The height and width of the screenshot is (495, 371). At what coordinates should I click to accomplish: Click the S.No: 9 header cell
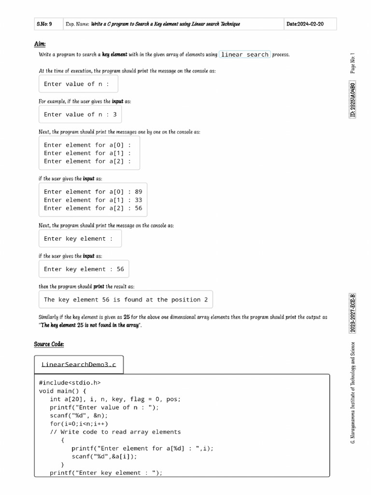44,24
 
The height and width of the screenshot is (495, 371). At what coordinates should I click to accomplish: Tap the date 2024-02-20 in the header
305,24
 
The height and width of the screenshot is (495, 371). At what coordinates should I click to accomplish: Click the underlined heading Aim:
40,44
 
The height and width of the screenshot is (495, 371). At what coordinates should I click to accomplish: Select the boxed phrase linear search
244,55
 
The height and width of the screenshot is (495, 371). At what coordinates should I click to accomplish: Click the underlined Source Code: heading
49,344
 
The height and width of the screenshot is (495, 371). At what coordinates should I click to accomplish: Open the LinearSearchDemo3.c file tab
79,364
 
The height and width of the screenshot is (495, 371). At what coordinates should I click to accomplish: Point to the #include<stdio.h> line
70,383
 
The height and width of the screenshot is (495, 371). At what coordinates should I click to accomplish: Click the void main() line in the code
62,391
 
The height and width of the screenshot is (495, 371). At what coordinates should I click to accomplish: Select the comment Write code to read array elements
115,432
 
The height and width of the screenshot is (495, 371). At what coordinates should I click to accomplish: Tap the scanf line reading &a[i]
104,456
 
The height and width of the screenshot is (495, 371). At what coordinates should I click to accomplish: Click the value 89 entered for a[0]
139,192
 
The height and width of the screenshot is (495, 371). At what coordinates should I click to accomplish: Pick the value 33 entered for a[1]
139,200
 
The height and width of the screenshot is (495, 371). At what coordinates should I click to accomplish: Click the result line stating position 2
126,300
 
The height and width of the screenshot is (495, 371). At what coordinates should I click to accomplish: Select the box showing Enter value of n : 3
80,115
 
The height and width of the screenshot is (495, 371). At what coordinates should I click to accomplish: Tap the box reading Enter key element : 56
84,269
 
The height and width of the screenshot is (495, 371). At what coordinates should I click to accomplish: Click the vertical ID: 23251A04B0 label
353,100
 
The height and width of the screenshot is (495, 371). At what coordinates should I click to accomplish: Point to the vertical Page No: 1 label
353,63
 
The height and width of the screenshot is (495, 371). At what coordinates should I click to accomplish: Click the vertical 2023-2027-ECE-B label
353,313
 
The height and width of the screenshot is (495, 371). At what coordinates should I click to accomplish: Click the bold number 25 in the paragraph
127,318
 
